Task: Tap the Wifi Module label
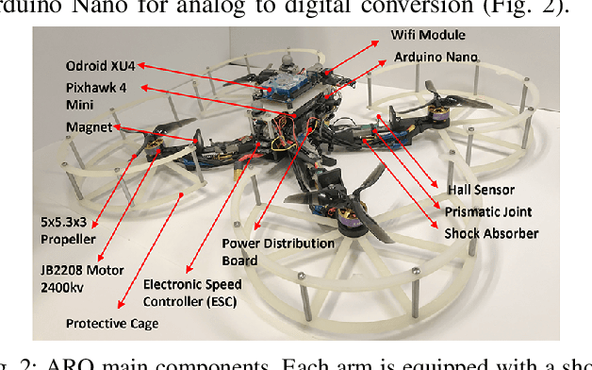click(423, 35)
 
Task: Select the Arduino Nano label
click(436, 58)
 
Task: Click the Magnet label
click(88, 127)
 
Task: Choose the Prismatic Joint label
click(485, 212)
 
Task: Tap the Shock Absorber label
click(491, 233)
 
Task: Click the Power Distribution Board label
click(278, 251)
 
